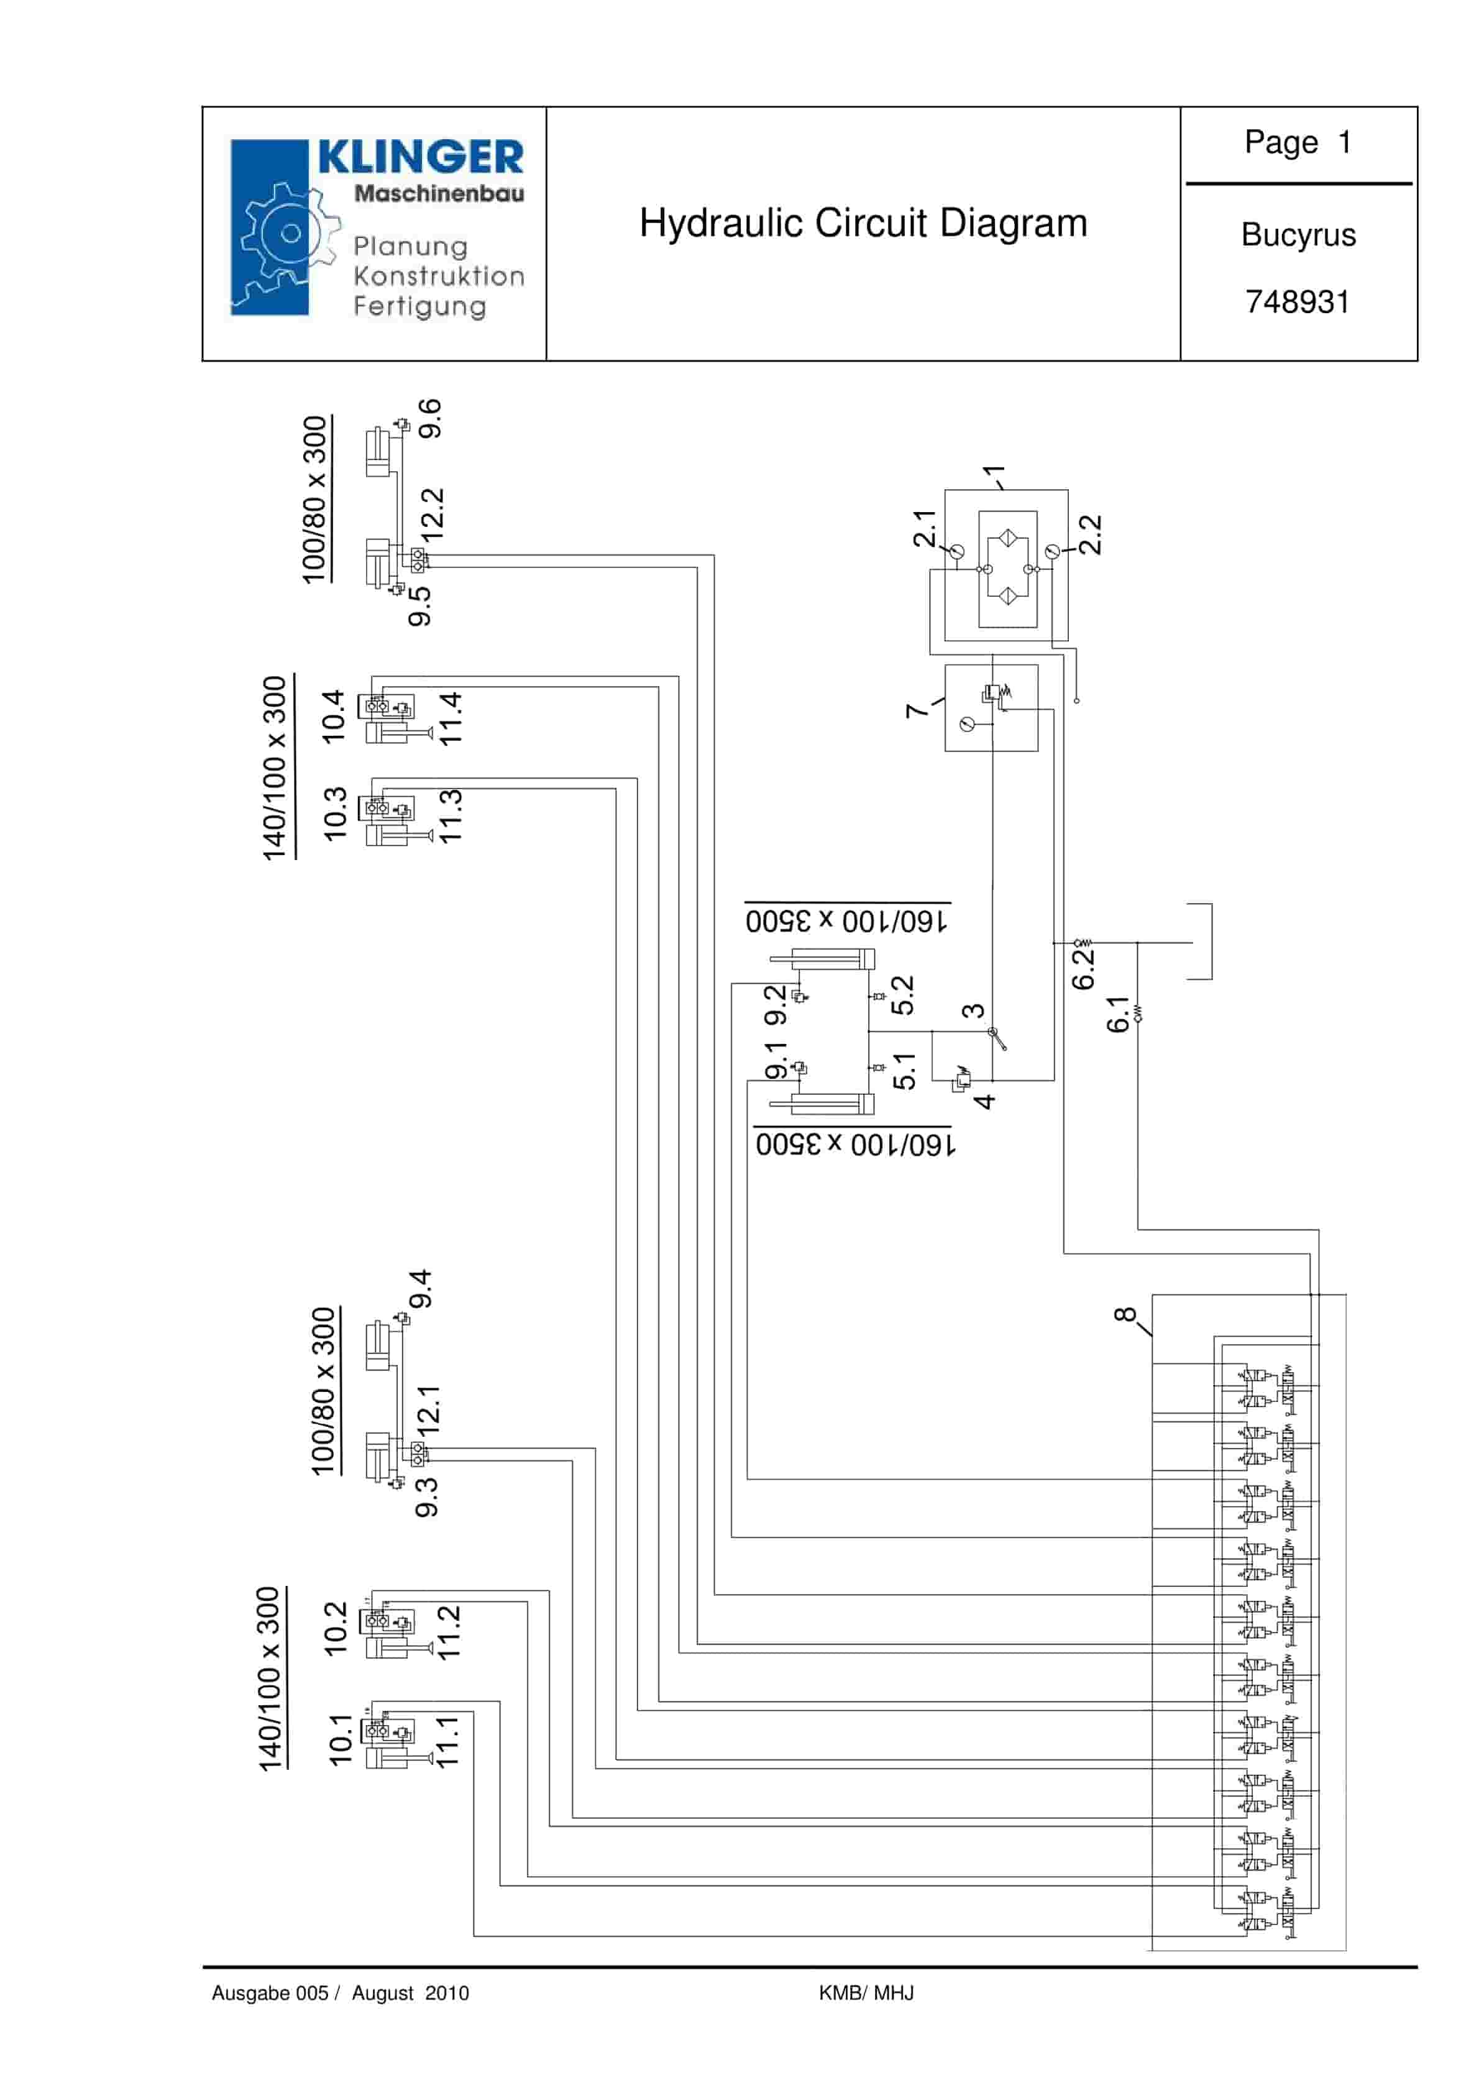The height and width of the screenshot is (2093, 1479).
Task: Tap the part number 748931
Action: [1297, 302]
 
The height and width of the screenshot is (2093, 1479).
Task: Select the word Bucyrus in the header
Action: [1298, 235]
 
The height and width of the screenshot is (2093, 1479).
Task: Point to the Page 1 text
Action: [1297, 142]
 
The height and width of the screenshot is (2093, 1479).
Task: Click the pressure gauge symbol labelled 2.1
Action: [956, 551]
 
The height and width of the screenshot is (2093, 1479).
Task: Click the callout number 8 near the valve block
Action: [1125, 1314]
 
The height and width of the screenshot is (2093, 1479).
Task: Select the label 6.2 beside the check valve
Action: [1083, 968]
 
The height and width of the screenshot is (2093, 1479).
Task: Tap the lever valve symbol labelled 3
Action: [997, 1037]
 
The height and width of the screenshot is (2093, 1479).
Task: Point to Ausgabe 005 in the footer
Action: [270, 1993]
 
